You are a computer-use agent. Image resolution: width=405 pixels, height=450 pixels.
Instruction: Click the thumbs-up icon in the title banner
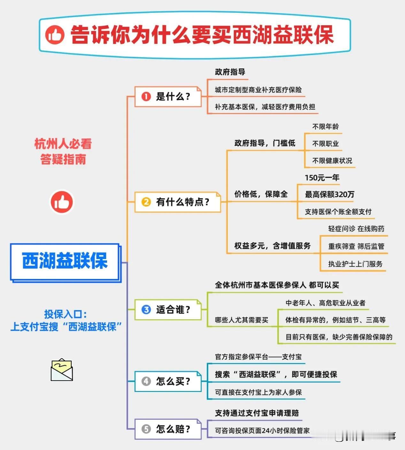tap(55, 35)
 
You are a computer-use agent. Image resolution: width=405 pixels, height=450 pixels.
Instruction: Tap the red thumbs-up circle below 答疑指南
tap(62, 202)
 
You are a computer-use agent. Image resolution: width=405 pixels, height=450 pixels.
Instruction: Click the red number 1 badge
tap(146, 97)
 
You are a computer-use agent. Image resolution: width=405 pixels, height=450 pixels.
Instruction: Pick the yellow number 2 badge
tap(146, 202)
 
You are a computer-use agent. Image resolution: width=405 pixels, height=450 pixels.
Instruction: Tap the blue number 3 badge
tap(146, 309)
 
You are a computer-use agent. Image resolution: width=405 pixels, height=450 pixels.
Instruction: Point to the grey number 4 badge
tap(146, 381)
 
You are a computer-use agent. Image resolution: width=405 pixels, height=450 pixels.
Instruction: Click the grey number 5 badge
tap(146, 429)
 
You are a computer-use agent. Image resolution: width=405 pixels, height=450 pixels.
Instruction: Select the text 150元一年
tap(322, 178)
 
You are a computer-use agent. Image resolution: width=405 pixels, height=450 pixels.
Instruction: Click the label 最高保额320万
tap(329, 194)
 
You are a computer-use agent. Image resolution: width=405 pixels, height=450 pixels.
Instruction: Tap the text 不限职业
tap(325, 144)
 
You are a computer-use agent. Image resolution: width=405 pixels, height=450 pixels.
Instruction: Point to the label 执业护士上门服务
tap(355, 264)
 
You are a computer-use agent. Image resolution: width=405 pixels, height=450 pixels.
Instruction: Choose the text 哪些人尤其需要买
tap(241, 320)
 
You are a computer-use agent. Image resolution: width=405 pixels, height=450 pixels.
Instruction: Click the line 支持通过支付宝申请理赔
tap(257, 413)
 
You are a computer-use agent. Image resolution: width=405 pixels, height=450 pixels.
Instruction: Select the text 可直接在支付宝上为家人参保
tap(258, 392)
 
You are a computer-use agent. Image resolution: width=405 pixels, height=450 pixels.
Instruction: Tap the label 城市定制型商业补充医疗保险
tap(258, 90)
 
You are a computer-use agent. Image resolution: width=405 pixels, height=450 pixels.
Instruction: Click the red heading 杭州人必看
tap(63, 144)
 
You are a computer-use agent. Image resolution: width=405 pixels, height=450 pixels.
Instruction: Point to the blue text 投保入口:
tap(65, 314)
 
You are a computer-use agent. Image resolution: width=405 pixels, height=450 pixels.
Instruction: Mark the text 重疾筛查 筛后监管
tap(356, 246)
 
